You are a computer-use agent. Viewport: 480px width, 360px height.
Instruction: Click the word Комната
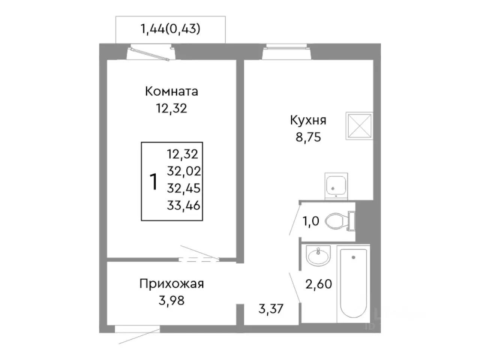click(x=171, y=91)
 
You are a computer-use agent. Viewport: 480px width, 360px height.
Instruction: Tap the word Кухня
click(x=308, y=120)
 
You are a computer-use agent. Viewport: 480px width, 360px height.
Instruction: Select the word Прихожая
click(x=171, y=283)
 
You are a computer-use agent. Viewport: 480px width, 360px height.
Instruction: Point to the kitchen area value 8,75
click(x=308, y=137)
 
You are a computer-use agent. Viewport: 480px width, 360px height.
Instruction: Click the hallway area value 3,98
click(x=171, y=300)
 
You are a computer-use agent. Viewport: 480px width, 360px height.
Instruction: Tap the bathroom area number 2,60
click(x=319, y=284)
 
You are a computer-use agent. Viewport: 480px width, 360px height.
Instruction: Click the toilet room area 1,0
click(x=311, y=221)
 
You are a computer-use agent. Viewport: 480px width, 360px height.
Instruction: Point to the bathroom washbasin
click(x=318, y=257)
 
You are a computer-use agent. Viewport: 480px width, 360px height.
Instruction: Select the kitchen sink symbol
click(x=336, y=186)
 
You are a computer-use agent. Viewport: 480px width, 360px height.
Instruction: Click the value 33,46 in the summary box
click(x=184, y=205)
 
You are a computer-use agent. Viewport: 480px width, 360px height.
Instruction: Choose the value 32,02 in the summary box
click(x=184, y=171)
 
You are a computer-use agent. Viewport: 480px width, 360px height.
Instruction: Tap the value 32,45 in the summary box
click(x=184, y=188)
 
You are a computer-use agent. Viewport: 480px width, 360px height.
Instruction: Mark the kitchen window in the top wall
click(x=287, y=52)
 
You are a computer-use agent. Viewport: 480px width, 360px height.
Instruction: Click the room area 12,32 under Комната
click(x=171, y=108)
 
